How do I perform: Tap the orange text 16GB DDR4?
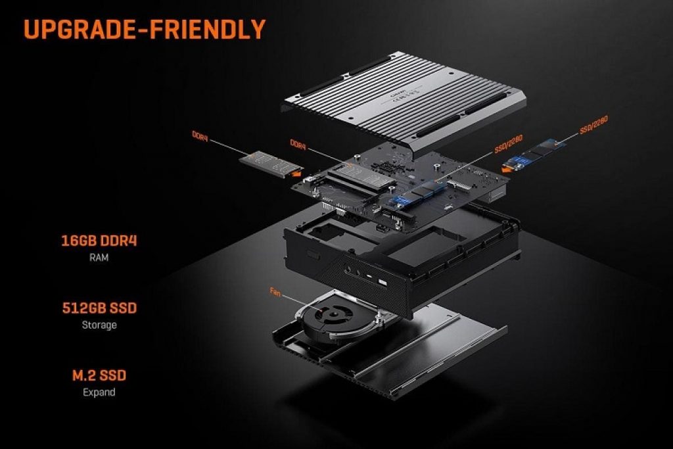pos(99,241)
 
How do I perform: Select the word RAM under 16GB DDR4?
pos(99,258)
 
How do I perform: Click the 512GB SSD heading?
pos(99,308)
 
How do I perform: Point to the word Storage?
pos(99,325)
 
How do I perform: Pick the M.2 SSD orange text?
pos(99,375)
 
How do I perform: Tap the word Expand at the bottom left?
pos(99,392)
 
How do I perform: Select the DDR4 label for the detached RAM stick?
pos(200,134)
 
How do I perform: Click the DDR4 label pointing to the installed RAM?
pos(298,143)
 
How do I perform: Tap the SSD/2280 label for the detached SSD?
pos(593,125)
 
